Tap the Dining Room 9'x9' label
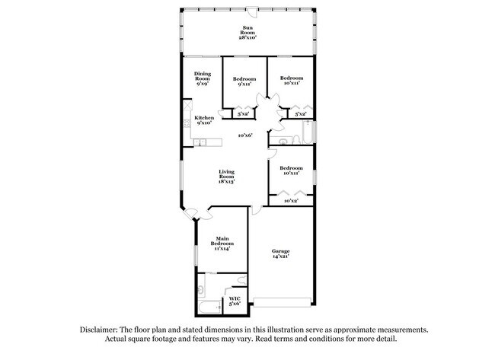[202, 78]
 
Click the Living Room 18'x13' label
[226, 177]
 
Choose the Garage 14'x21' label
[281, 254]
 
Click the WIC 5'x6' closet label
[235, 301]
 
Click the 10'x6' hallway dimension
[244, 135]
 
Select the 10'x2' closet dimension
[290, 201]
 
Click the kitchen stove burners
[186, 119]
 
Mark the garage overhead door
[283, 298]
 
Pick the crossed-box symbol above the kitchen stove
[186, 106]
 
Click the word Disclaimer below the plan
[104, 330]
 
